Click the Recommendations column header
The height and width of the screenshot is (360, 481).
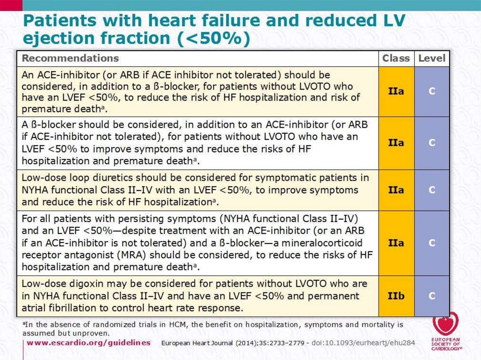pos(70,58)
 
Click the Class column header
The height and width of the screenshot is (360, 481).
pos(396,58)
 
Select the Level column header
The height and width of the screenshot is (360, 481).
pos(431,58)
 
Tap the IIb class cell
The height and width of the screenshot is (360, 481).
pos(396,297)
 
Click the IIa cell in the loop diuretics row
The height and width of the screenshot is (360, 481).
pos(396,190)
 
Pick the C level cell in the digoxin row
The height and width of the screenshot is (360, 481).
pos(432,297)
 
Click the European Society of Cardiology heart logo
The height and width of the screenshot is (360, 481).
pos(446,324)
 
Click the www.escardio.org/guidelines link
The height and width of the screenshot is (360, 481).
pos(88,343)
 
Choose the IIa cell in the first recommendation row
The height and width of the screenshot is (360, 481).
pos(396,91)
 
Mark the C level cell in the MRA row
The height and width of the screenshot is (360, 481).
pos(432,243)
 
